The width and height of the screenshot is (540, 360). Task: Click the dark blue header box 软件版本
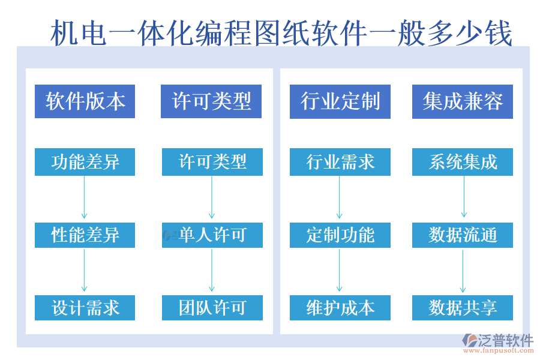point(85,101)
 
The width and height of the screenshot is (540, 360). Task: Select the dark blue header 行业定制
point(340,101)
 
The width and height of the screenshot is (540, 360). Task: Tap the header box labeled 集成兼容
point(463,101)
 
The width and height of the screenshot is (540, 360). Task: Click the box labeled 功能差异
point(85,162)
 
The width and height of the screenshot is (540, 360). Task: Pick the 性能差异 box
point(85,235)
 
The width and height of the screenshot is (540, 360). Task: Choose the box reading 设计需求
point(85,308)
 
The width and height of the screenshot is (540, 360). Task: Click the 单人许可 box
point(212,235)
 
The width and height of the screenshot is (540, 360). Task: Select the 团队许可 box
point(212,308)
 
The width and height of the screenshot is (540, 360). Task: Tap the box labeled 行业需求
point(340,162)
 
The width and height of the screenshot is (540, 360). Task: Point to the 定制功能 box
point(340,235)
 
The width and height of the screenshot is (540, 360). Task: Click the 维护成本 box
point(340,308)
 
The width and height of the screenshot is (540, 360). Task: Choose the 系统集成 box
point(463,162)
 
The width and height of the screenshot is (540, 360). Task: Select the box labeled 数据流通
point(463,235)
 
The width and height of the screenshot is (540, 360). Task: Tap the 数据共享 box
point(463,308)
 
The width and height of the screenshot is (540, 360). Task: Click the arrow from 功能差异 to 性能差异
point(85,198)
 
